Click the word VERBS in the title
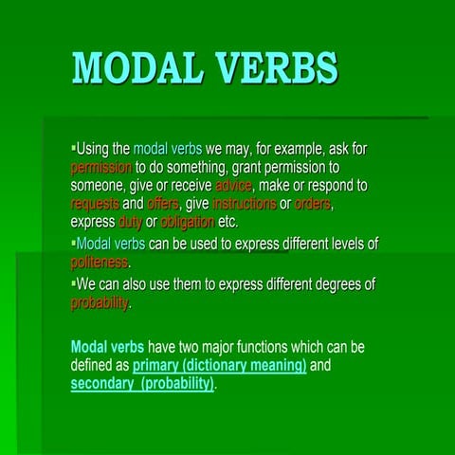[275, 68]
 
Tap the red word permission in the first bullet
[108, 167]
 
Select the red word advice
[233, 185]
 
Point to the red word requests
[95, 203]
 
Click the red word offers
[162, 203]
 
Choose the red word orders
[313, 203]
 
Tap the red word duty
[130, 222]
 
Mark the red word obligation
[187, 222]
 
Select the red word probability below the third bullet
[100, 303]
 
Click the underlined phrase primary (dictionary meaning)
[219, 365]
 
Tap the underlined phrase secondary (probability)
[142, 384]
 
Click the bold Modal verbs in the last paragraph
[107, 346]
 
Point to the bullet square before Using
[73, 149]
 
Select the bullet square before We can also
[73, 283]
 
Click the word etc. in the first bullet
[227, 222]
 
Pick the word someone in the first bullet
[102, 185]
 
